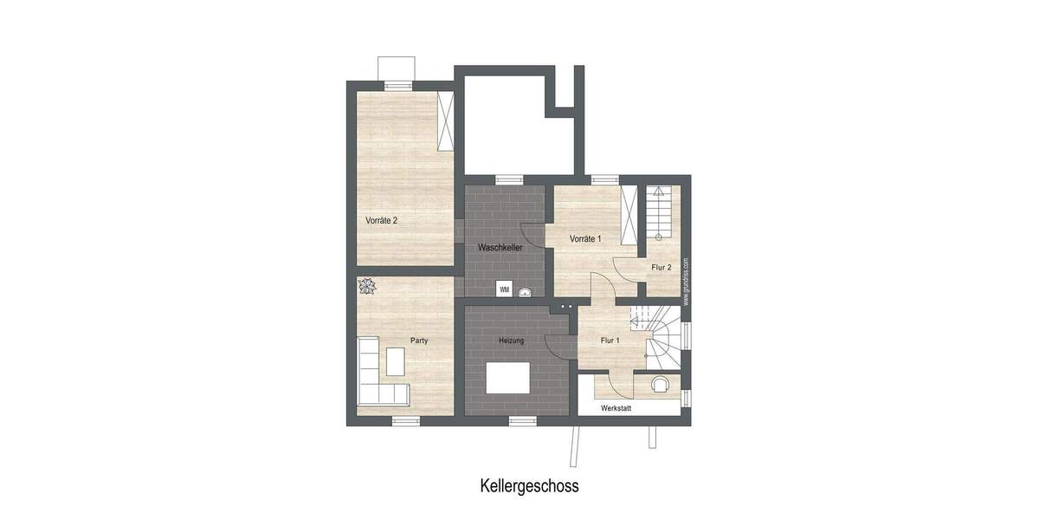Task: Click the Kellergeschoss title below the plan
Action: point(529,485)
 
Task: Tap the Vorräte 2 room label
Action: point(381,220)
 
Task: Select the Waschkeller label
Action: point(500,248)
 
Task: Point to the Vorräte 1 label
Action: point(585,238)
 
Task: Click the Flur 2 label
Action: point(661,268)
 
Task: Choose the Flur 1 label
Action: point(610,341)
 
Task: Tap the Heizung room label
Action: point(511,341)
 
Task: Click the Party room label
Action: point(419,341)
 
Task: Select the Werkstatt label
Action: point(616,406)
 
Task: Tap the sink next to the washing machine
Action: point(523,291)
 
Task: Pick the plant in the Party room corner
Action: point(367,286)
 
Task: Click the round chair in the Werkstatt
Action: point(661,384)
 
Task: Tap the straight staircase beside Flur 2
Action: point(659,212)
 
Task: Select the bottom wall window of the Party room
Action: point(405,420)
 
